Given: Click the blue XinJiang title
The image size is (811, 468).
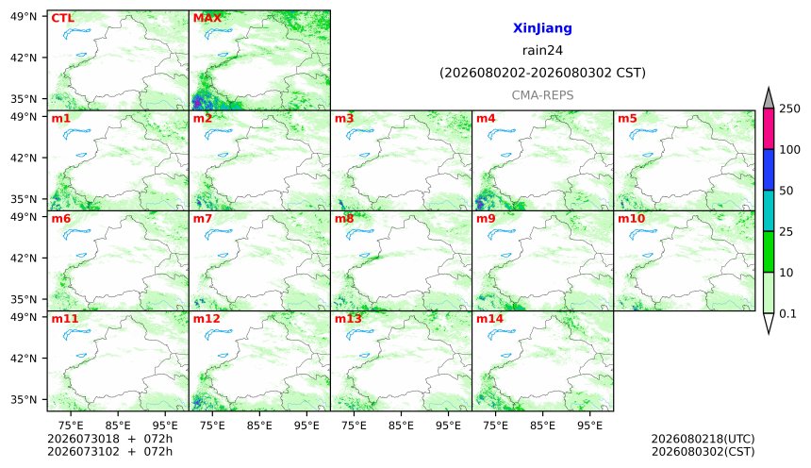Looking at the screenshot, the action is (x=542, y=28).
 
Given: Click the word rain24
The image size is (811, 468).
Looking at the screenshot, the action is (x=542, y=50).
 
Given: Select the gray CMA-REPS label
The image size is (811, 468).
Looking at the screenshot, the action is (x=542, y=95).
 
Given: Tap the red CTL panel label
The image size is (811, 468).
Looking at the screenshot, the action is (x=62, y=18).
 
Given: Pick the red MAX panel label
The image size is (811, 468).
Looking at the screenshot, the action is (x=207, y=18).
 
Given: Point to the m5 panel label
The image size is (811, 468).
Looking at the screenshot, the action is (x=627, y=119).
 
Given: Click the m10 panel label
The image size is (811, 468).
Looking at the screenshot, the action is (x=632, y=219).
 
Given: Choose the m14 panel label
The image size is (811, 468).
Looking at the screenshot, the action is (x=489, y=318).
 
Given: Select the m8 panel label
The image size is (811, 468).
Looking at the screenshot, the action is (x=344, y=219).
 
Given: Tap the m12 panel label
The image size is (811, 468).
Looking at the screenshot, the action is (x=207, y=318).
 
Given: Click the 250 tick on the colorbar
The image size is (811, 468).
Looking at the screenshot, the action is (x=790, y=109).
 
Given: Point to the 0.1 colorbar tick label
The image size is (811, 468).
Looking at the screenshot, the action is (x=787, y=313).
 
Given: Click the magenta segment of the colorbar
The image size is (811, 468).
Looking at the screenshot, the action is (x=769, y=129).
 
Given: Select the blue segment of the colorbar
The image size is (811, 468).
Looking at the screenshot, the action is (x=769, y=170).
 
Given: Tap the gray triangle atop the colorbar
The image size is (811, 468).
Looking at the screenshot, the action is (x=769, y=98).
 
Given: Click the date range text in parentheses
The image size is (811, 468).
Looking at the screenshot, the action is (x=542, y=73).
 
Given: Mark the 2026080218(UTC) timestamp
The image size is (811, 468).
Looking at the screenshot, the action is (x=703, y=439).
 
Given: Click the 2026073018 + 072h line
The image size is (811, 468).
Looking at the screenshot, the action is (x=109, y=439).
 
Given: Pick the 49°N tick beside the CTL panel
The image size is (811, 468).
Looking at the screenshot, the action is (x=24, y=17).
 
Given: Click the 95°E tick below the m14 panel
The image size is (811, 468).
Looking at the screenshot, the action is (x=590, y=426).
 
